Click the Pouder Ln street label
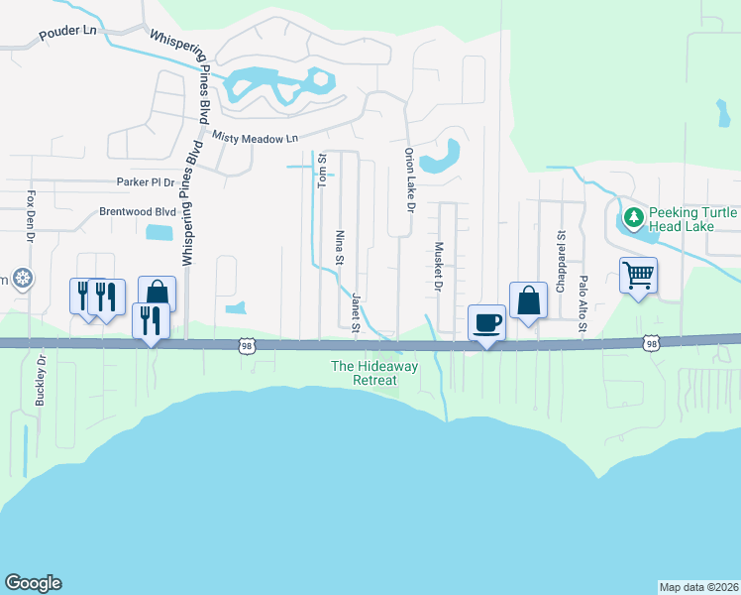point(67,32)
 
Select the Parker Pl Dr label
point(145,182)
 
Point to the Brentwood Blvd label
point(137,211)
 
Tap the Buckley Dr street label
point(41,381)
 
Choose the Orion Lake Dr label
point(408,178)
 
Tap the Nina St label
point(339,249)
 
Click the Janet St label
point(354,310)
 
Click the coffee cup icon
point(487,321)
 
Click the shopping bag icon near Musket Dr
point(529,299)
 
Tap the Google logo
point(33,583)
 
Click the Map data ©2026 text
point(698,586)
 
